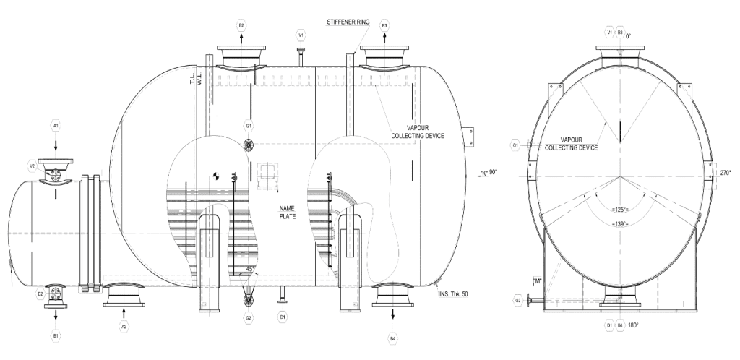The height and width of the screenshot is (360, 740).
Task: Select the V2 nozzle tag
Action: point(33,166)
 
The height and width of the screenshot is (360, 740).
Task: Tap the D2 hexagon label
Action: point(40,294)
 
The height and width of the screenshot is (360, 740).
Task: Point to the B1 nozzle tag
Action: point(56,335)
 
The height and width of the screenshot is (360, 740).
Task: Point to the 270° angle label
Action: point(724,173)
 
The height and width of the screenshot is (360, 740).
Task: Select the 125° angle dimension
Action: point(620,209)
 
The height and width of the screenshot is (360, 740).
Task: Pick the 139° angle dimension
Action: point(620,223)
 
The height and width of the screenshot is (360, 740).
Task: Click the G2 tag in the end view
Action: point(517,299)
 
